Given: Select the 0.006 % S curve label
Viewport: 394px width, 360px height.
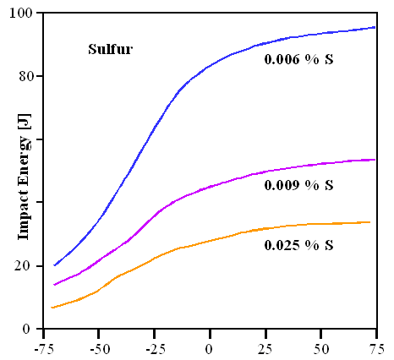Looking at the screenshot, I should (298, 59).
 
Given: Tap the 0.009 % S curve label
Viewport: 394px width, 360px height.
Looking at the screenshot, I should (298, 184).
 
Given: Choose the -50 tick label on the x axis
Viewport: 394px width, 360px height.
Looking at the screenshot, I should (98, 347).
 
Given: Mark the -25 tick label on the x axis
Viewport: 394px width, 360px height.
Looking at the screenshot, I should (153, 347).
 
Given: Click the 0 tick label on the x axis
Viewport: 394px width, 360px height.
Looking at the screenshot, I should (210, 347).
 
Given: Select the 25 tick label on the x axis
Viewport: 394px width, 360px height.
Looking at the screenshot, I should (265, 347).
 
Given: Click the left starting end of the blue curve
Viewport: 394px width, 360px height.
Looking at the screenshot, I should (54, 265).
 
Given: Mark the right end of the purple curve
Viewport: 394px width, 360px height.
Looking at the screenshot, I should (375, 159).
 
